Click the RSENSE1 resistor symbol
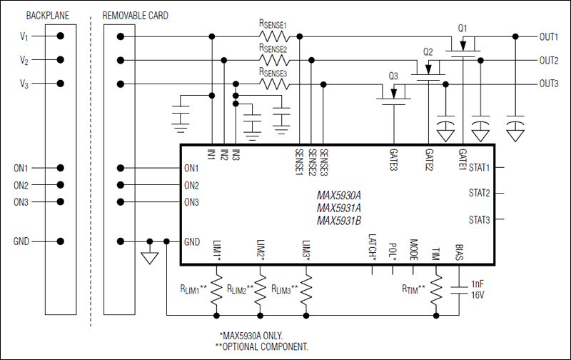(273, 36)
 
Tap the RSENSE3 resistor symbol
(273, 84)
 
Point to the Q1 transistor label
(463, 28)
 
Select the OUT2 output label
(548, 60)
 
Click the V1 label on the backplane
(25, 36)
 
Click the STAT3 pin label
(479, 219)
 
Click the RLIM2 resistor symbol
(261, 289)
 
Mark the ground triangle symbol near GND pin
(148, 258)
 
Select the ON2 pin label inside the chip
(191, 185)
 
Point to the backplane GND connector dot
(61, 241)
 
